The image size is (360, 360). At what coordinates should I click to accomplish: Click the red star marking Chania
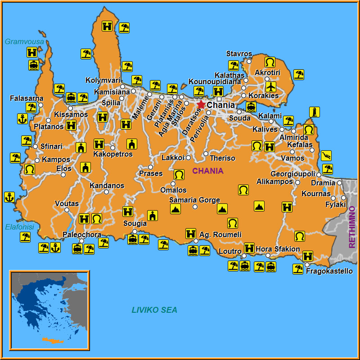coord(201,104)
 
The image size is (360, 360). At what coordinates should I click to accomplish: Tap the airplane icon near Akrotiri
coord(270,86)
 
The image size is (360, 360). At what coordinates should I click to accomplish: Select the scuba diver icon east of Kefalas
coord(326,156)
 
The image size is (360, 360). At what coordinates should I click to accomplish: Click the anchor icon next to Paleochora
coord(55,247)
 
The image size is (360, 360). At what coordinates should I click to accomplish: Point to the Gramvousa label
coord(24,42)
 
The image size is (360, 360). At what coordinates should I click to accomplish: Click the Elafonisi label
coord(19,227)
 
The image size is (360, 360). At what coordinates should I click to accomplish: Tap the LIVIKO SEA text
coord(154,310)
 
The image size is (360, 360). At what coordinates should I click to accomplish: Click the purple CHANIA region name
coord(208,171)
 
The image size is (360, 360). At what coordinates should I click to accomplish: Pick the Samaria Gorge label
coord(194,200)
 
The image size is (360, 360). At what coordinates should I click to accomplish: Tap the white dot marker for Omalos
coord(173,184)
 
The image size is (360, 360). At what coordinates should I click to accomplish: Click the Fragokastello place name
coord(329,271)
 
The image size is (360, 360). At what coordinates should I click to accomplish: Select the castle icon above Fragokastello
coord(308,256)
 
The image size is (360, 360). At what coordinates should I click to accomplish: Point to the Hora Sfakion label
coord(278,249)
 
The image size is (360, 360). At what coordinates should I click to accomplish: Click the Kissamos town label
coord(71,115)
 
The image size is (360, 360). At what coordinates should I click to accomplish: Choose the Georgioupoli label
coord(293,174)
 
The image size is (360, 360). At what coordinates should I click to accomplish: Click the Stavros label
coord(239,54)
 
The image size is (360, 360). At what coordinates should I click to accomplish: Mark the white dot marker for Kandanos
coord(107,192)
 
